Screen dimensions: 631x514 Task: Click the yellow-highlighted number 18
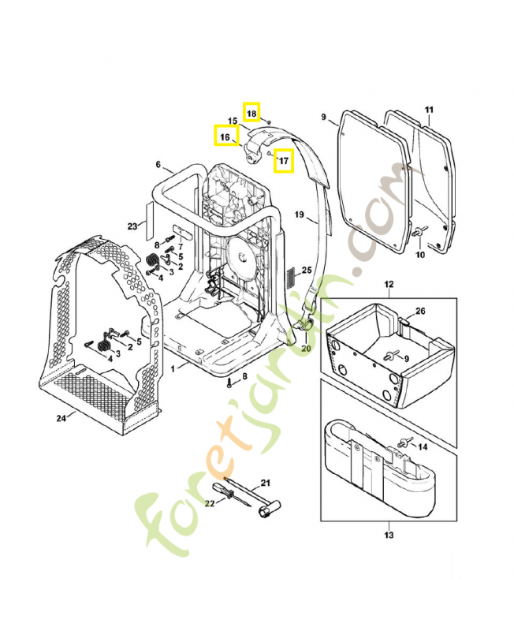251,114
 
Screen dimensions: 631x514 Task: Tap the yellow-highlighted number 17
284,163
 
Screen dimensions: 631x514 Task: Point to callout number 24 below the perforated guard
62,417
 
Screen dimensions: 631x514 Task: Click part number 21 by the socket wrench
265,483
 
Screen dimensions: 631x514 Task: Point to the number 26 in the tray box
420,312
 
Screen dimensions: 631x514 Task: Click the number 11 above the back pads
429,109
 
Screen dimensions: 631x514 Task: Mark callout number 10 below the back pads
420,255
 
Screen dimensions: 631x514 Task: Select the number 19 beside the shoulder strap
299,215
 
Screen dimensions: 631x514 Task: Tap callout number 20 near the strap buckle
307,348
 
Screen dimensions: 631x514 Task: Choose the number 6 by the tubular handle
158,165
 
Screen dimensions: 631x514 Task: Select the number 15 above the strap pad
233,121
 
